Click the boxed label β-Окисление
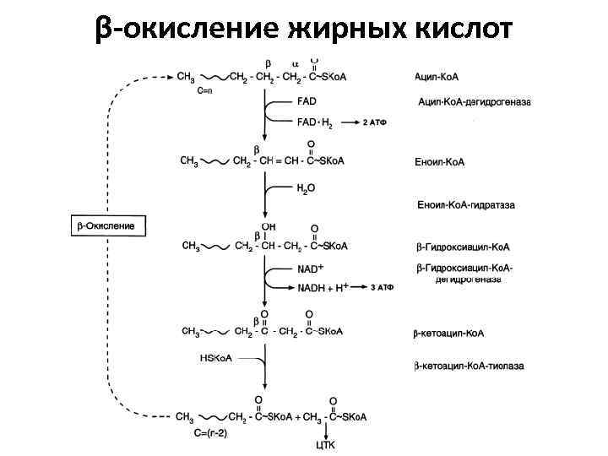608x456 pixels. [107, 226]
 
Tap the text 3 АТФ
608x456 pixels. [383, 287]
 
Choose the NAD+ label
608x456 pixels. [309, 269]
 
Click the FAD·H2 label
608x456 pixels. [315, 123]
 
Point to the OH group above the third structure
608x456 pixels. [269, 226]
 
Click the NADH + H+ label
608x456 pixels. [323, 287]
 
